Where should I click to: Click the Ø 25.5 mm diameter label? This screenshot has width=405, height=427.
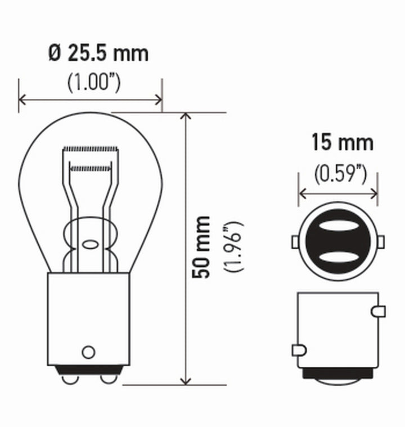[x=98, y=53]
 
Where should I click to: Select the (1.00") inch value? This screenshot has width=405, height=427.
[x=94, y=83]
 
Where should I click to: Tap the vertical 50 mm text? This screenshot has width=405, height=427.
[x=201, y=246]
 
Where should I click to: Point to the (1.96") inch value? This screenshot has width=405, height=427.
[x=232, y=246]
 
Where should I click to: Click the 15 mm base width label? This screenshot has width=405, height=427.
[x=343, y=143]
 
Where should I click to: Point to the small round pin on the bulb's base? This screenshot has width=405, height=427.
[x=88, y=352]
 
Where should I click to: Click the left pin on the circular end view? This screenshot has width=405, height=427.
[x=295, y=242]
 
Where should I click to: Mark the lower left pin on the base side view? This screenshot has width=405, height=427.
[x=299, y=350]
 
